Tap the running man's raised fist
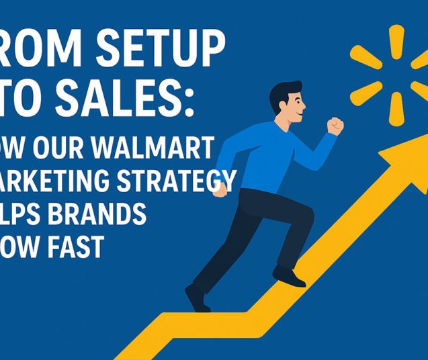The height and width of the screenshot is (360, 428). (335, 126)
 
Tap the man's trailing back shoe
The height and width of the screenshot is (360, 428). (197, 297)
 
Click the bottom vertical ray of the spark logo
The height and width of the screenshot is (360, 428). (396, 107)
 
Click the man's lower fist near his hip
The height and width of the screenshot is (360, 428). (220, 189)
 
